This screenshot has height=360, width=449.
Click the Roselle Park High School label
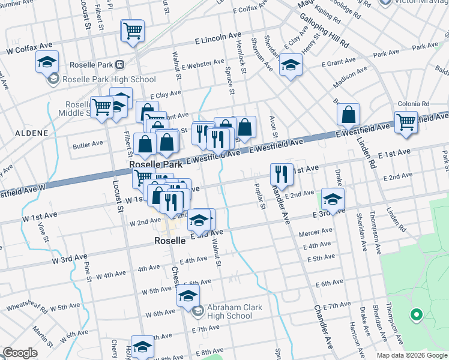[109, 79]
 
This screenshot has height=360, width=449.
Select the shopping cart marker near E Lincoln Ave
[133, 31]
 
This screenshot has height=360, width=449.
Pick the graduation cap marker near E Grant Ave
[291, 65]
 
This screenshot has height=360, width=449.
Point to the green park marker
[415, 314]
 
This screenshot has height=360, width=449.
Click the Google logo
[20, 353]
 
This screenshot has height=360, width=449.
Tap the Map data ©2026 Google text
[411, 355]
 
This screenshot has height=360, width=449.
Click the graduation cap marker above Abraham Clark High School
[188, 296]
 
